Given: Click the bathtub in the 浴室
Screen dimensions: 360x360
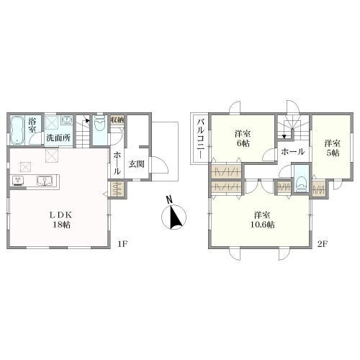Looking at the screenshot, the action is click(x=17, y=130).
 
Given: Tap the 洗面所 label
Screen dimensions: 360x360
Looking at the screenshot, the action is click(x=58, y=138).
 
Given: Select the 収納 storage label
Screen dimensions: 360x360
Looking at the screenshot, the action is click(x=117, y=120).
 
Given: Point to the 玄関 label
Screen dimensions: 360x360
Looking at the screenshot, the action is click(x=137, y=164).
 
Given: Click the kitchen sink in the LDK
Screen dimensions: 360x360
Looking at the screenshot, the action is click(x=45, y=181).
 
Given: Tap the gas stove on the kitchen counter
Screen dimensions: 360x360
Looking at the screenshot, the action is click(x=18, y=181).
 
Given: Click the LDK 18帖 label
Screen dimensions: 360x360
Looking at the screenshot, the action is click(x=61, y=220).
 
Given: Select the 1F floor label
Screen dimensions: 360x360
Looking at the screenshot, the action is click(x=122, y=244).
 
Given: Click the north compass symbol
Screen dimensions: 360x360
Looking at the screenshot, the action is click(x=174, y=217).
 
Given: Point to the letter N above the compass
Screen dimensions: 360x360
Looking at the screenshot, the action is click(x=169, y=199).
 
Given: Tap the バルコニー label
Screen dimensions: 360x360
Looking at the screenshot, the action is click(x=201, y=139).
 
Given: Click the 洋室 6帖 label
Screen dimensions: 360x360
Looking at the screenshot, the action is click(x=243, y=138).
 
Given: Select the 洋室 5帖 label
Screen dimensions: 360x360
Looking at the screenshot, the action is click(x=333, y=148).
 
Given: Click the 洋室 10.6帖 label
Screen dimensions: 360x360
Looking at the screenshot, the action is click(x=263, y=220).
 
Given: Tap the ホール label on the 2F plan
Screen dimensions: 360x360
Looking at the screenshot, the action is click(x=293, y=152).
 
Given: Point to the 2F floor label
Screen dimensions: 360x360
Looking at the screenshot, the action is click(x=323, y=244).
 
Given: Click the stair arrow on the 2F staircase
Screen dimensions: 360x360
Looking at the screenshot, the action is click(x=284, y=137).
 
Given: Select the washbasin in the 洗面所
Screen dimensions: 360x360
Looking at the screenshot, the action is click(x=66, y=120).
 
